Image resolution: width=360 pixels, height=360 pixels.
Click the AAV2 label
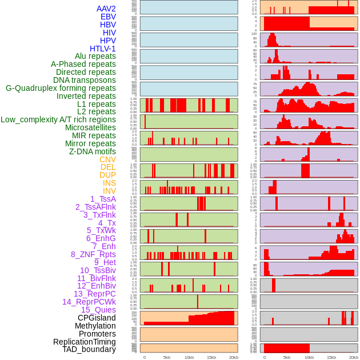pyautogui.click(x=106, y=9)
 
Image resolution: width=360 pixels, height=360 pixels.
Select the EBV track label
pyautogui.click(x=108, y=17)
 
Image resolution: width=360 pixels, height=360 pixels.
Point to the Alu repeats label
pyautogui.click(x=95, y=56)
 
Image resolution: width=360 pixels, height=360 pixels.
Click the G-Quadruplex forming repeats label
pyautogui.click(x=61, y=88)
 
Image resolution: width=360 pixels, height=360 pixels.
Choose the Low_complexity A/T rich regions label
pyautogui.click(x=58, y=119)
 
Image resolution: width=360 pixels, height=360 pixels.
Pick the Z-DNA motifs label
pyautogui.click(x=93, y=151)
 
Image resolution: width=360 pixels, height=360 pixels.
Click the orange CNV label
pyautogui.click(x=107, y=159)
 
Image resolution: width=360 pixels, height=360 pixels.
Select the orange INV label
pyautogui.click(x=109, y=191)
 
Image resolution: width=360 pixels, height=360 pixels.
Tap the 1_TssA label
pyautogui.click(x=103, y=199)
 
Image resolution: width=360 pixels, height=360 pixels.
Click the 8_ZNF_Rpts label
pyautogui.click(x=93, y=254)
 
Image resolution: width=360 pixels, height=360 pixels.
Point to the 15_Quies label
pyautogui.click(x=98, y=310)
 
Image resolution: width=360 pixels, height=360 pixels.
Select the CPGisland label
pyautogui.click(x=97, y=318)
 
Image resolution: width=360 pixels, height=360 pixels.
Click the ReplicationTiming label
pyautogui.click(x=84, y=342)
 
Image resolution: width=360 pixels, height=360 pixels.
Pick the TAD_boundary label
pyautogui.click(x=89, y=349)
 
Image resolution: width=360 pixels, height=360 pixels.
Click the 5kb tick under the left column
pyautogui.click(x=167, y=357)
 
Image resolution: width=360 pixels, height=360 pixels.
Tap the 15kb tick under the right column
pyautogui.click(x=331, y=357)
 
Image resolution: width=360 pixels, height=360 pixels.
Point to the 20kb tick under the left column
pyautogui.click(x=234, y=357)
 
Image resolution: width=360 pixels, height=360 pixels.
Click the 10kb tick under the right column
pyautogui.click(x=309, y=357)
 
